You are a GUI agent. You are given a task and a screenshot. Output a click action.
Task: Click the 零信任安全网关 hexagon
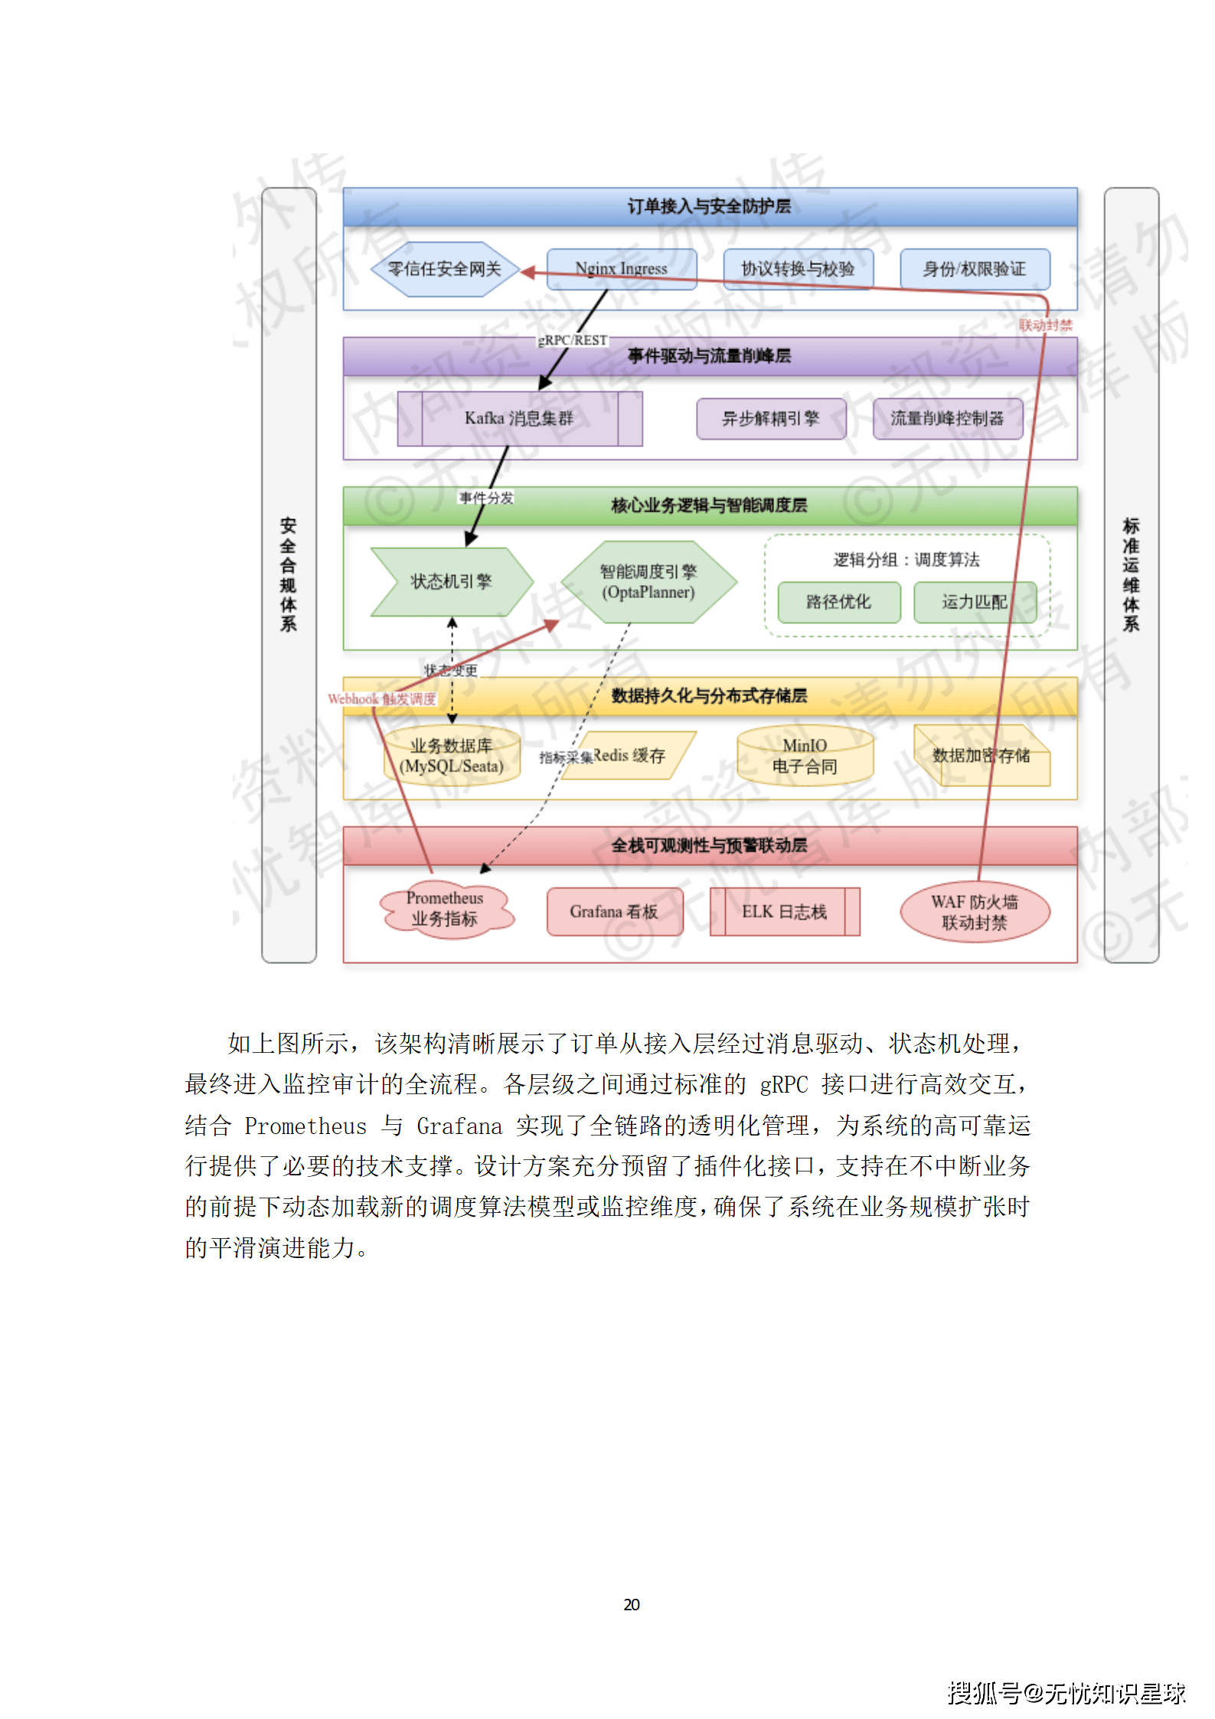(x=444, y=270)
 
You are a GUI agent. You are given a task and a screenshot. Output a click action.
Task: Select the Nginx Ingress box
(x=621, y=269)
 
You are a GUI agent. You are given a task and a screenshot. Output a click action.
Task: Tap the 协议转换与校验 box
(x=798, y=269)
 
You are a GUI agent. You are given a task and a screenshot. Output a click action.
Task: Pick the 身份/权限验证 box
(x=974, y=269)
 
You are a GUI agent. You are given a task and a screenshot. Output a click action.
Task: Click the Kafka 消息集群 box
(x=519, y=418)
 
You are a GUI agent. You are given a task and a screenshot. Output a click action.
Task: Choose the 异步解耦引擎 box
(x=770, y=418)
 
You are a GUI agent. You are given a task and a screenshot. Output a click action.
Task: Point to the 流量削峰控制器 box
(x=947, y=418)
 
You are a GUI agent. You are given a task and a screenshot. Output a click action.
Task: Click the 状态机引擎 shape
(x=451, y=582)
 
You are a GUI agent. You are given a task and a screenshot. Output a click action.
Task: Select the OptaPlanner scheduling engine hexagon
(x=648, y=582)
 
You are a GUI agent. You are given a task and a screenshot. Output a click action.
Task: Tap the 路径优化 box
(x=838, y=602)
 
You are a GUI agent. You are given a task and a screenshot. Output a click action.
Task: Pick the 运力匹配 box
(x=974, y=602)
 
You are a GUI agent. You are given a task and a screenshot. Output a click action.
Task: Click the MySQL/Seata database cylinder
(x=452, y=756)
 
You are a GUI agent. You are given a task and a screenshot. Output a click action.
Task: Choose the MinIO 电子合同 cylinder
(x=805, y=756)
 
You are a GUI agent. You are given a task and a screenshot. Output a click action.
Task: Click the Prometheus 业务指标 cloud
(x=445, y=909)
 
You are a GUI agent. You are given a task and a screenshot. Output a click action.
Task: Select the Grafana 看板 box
(x=614, y=911)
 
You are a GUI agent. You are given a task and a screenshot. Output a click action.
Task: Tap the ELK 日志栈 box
(x=784, y=911)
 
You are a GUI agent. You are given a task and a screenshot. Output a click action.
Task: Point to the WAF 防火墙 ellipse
(x=974, y=912)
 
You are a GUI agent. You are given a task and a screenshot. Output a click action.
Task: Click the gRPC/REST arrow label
(x=573, y=340)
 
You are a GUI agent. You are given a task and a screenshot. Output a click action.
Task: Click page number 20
(x=632, y=1604)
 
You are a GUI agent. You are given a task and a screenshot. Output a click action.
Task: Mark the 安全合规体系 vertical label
(x=289, y=574)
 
